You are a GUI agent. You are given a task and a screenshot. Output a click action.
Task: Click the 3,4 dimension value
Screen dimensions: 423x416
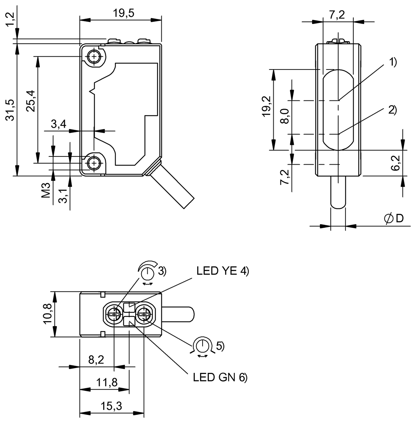(x=58, y=124)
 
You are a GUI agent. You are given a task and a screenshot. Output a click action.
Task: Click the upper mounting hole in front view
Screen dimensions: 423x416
(x=94, y=56)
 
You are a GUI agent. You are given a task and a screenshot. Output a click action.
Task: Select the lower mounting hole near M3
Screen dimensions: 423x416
(x=94, y=163)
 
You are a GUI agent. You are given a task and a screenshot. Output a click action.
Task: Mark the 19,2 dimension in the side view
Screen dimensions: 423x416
(x=266, y=106)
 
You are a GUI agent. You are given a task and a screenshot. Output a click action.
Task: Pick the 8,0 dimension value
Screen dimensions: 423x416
(x=285, y=116)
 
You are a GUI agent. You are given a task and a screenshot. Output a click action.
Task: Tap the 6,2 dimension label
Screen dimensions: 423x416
(x=396, y=163)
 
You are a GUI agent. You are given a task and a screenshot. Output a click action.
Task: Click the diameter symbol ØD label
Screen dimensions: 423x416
(x=393, y=219)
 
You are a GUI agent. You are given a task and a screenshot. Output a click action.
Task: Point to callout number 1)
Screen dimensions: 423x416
(x=393, y=62)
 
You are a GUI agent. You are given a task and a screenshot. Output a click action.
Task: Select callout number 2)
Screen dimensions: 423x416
(x=392, y=110)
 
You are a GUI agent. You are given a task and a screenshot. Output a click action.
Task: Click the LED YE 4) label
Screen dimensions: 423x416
(x=223, y=271)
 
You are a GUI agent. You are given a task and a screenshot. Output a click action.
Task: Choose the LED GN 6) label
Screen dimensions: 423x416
(x=220, y=377)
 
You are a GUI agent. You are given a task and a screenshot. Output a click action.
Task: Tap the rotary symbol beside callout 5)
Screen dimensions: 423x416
(x=202, y=346)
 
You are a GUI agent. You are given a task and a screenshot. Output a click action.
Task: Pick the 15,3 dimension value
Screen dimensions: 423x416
(x=112, y=406)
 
